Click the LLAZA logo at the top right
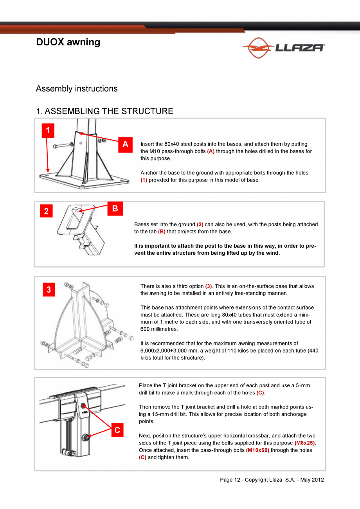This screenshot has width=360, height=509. tap(283, 48)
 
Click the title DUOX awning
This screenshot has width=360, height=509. tap(68, 42)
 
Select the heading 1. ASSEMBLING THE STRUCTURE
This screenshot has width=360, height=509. tap(104, 111)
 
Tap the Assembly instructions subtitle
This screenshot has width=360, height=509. tap(77, 89)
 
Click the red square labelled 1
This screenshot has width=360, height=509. tap(48, 131)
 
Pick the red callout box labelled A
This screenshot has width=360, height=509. tap(125, 144)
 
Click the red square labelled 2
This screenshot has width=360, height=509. tap(46, 211)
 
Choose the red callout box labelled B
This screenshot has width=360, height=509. tap(115, 209)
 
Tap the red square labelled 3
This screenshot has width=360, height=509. tap(49, 290)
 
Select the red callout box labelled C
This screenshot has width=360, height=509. tap(117, 430)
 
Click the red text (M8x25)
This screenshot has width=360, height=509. tap(305, 443)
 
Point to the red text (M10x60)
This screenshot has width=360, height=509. tap(257, 450)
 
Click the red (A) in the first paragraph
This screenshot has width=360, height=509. tap(211, 151)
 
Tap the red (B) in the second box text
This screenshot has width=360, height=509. tap(162, 232)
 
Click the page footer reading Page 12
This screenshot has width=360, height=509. tap(272, 480)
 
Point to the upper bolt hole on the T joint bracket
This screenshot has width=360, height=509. tap(83, 407)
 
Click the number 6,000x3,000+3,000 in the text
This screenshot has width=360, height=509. tap(170, 351)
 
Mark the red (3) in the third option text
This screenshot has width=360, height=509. tap(209, 286)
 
